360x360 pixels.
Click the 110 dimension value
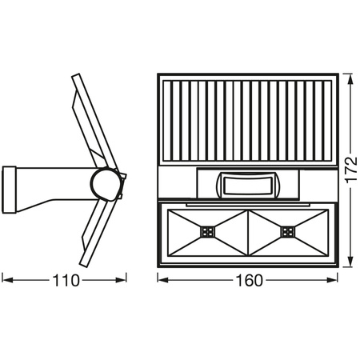click(x=66, y=280)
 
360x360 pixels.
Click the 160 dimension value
click(x=250, y=281)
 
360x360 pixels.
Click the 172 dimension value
click(x=351, y=170)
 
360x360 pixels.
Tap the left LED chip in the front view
click(x=208, y=232)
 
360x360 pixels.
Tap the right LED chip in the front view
click(x=287, y=232)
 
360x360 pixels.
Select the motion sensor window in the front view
click(x=247, y=186)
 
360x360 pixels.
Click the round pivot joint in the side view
click(x=105, y=183)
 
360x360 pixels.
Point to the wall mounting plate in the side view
click(x=9, y=190)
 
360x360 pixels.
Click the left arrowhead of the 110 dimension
click(x=7, y=280)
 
